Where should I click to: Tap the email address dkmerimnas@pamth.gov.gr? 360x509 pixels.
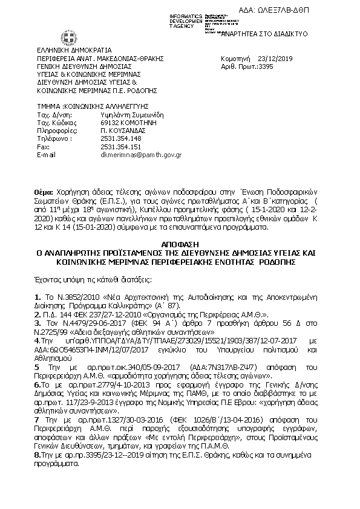(140, 154)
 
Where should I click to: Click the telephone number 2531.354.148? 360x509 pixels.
(120, 138)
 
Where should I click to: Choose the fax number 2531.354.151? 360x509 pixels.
(120, 146)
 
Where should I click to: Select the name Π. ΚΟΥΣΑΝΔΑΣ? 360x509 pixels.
(121, 130)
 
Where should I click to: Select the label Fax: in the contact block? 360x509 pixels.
(43, 146)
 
